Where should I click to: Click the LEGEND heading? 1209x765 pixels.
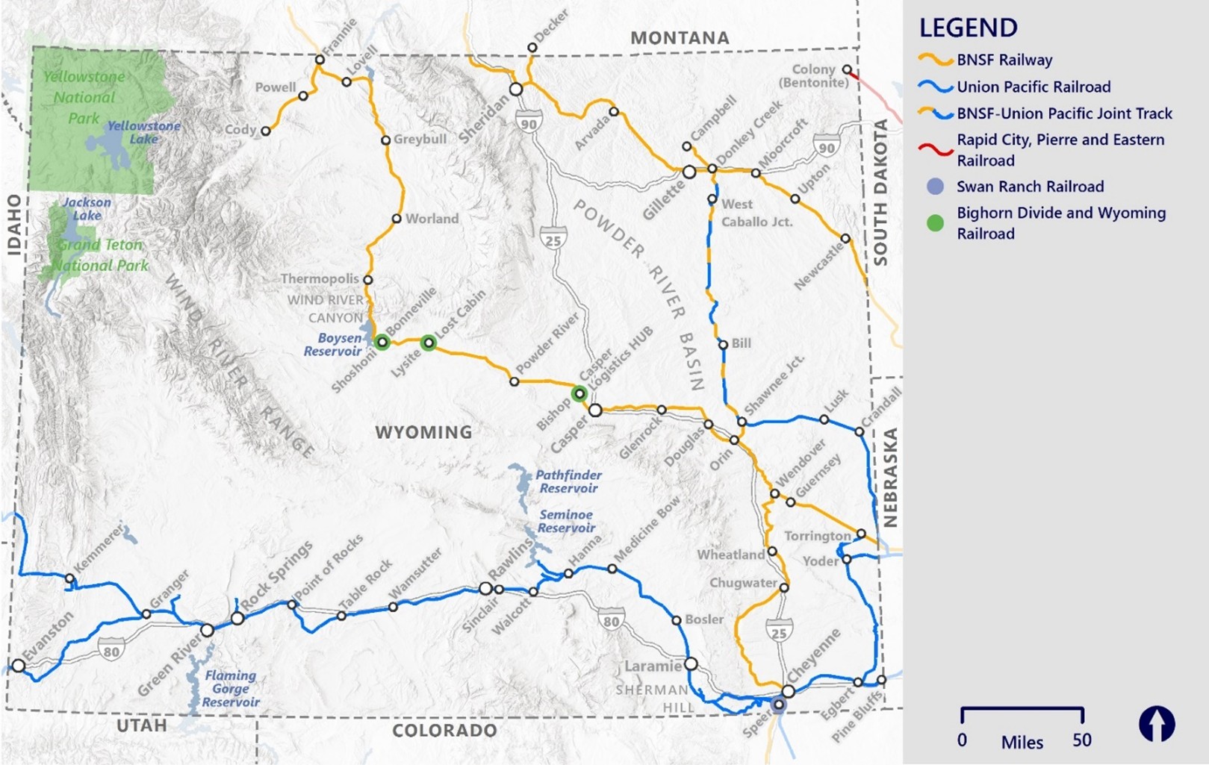pyautogui.click(x=968, y=28)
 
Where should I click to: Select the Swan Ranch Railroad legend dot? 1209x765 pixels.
pyautogui.click(x=935, y=187)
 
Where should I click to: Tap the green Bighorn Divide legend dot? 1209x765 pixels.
pyautogui.click(x=935, y=222)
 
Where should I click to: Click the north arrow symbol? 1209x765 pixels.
pyautogui.click(x=1157, y=724)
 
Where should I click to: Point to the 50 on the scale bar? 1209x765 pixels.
pyautogui.click(x=1082, y=740)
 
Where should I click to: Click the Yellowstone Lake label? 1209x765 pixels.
pyautogui.click(x=143, y=132)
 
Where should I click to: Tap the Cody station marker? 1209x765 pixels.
pyautogui.click(x=265, y=131)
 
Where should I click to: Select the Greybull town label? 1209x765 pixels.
pyautogui.click(x=420, y=139)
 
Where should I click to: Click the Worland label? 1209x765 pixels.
pyautogui.click(x=432, y=219)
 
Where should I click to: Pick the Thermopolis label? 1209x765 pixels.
pyautogui.click(x=320, y=278)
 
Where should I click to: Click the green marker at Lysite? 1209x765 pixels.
pyautogui.click(x=429, y=343)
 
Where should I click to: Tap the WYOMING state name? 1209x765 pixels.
pyautogui.click(x=423, y=432)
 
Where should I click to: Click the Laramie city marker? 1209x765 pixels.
pyautogui.click(x=691, y=663)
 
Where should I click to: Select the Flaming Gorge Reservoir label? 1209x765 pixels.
pyautogui.click(x=231, y=688)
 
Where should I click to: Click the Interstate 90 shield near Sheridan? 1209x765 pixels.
pyautogui.click(x=529, y=124)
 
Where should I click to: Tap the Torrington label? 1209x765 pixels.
pyautogui.click(x=817, y=536)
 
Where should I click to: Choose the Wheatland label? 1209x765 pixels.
pyautogui.click(x=730, y=555)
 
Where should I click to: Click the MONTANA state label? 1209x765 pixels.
pyautogui.click(x=680, y=37)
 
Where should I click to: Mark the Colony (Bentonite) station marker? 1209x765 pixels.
pyautogui.click(x=847, y=69)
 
